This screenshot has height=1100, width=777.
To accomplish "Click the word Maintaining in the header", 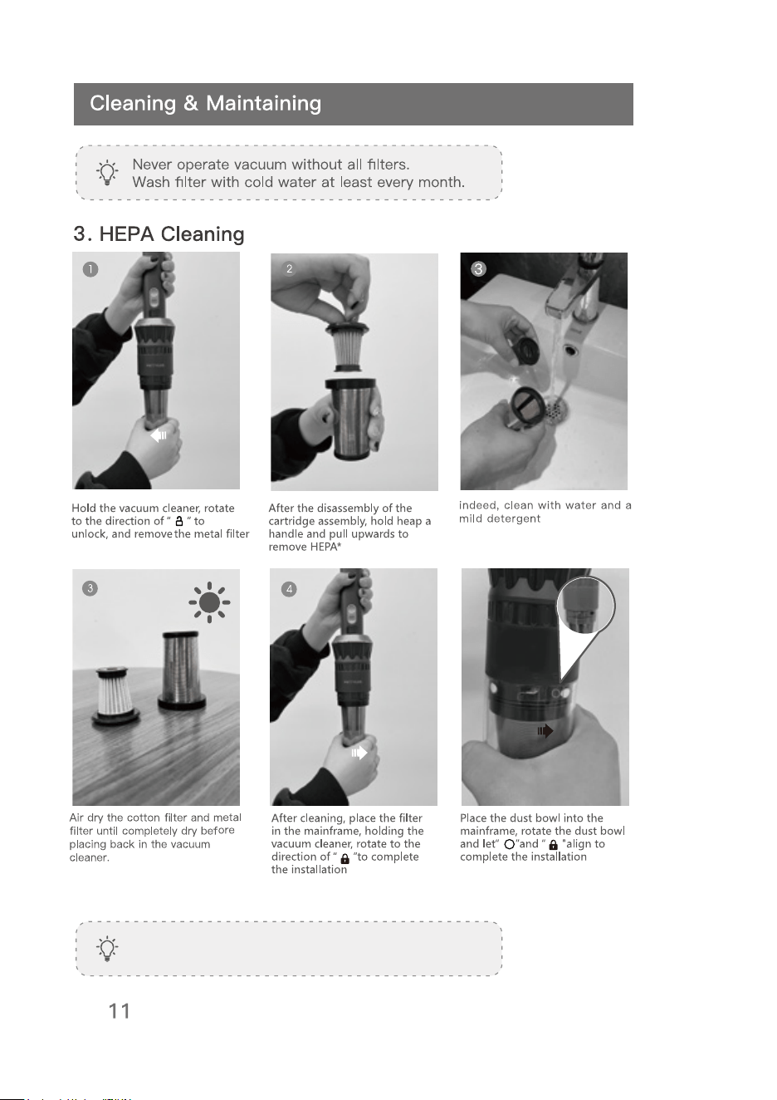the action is coord(263,104).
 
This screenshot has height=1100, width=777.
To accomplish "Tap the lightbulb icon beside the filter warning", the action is coord(107,172).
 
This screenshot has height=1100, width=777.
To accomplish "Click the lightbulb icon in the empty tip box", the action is coord(107,948).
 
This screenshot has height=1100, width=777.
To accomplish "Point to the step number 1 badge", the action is coord(90,269).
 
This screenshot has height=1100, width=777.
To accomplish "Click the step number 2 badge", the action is coord(290,268).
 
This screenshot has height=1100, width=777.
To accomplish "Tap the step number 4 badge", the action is coord(289,589).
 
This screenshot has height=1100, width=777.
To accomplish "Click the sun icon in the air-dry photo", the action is coord(209,602).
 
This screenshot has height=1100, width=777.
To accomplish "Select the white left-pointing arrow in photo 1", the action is coord(159,435).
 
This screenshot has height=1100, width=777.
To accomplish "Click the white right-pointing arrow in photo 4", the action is coord(359,753).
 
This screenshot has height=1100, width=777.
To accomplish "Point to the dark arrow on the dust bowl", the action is coord(545,731).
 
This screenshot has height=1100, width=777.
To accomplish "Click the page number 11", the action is coord(120,1011).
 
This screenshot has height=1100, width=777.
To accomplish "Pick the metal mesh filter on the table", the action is coord(181,670).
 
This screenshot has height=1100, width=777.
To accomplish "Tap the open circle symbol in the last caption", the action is coord(509,844).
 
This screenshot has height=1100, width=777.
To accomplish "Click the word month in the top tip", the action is coord(441,182).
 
